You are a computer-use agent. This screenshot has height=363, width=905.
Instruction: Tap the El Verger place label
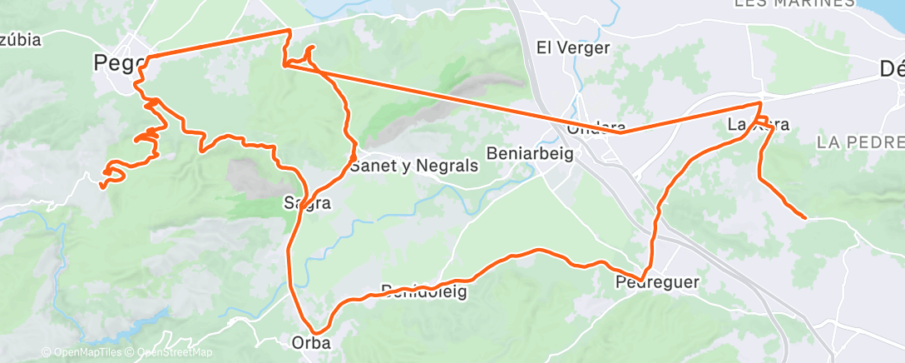point(574,47)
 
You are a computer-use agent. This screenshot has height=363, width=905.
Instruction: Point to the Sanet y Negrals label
point(414,166)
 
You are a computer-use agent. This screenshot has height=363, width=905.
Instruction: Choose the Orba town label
point(311,341)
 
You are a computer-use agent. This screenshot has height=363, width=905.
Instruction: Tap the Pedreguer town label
point(657,282)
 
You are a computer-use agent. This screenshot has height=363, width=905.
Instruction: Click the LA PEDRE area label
point(860,142)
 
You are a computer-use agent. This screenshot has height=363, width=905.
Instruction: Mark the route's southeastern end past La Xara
point(804,217)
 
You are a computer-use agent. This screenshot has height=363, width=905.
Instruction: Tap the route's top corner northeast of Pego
point(289,30)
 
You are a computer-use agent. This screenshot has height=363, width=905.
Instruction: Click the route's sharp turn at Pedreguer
point(642,279)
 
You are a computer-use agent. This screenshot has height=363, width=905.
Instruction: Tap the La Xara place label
point(757,126)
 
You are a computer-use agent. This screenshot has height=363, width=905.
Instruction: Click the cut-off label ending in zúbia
point(21,39)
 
